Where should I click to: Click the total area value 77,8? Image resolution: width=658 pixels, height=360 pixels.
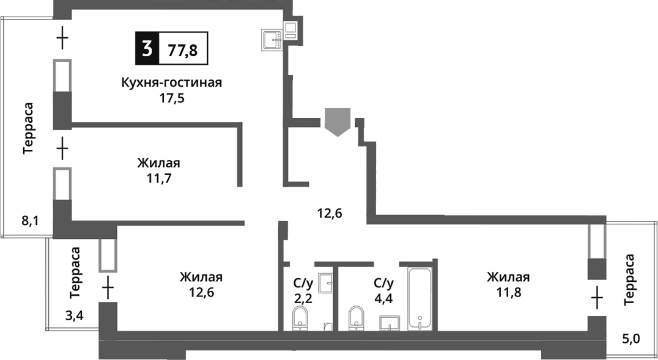[183, 49]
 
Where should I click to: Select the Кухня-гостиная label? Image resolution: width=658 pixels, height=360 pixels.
[171, 83]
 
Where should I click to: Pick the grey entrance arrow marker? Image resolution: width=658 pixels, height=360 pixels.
[338, 121]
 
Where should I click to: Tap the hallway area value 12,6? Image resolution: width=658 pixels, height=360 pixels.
[329, 213]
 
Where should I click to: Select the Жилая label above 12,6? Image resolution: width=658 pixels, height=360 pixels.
[201, 277]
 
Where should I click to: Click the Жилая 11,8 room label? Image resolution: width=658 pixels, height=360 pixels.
[508, 284]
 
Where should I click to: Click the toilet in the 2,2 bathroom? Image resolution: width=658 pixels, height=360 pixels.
[300, 318]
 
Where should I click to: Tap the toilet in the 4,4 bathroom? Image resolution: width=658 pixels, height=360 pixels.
[357, 318]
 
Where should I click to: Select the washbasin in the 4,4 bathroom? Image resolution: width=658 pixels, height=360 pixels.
[390, 322]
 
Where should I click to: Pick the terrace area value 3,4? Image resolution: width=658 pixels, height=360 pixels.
[75, 315]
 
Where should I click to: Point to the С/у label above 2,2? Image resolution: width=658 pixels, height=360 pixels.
[303, 283]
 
